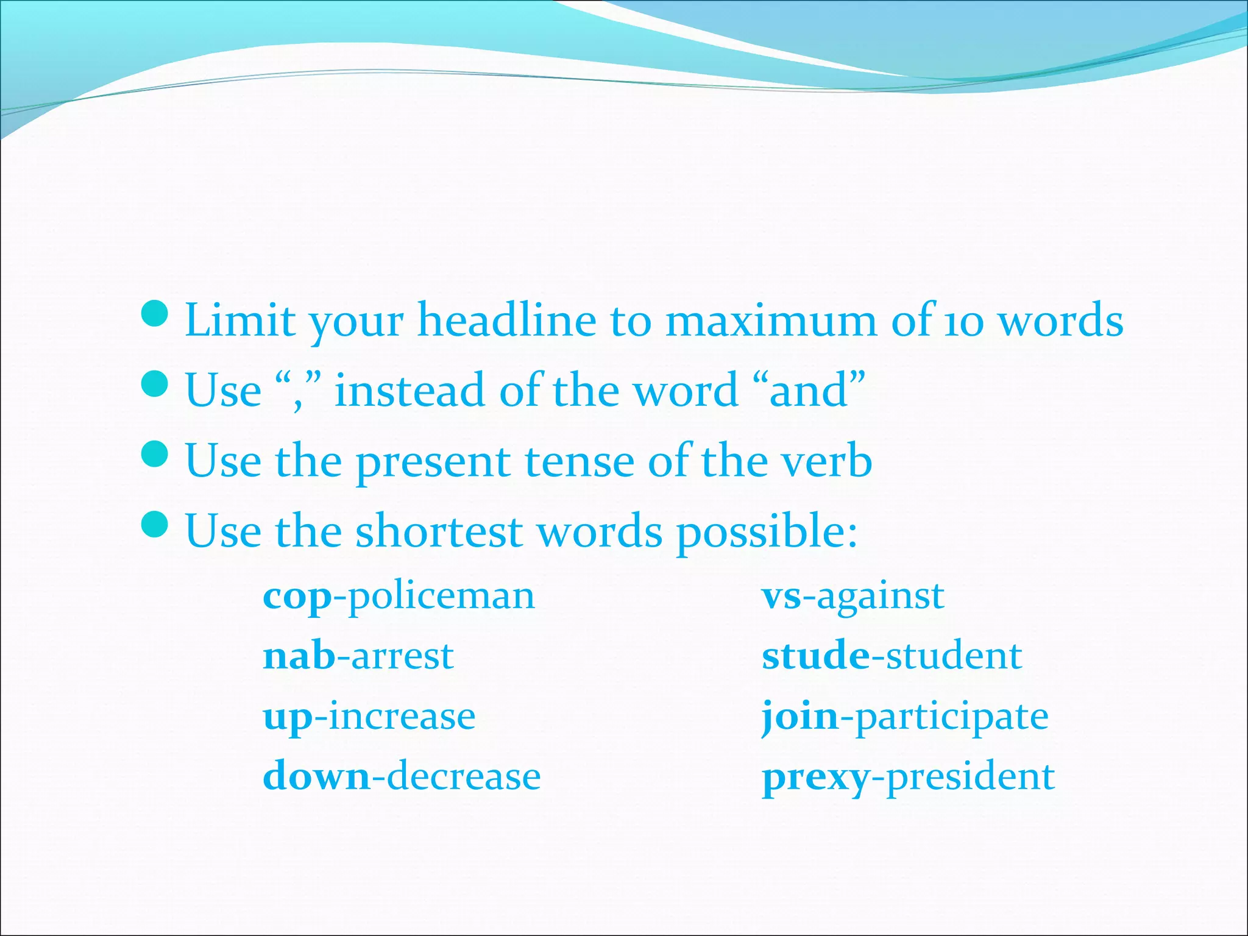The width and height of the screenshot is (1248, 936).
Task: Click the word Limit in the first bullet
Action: [239, 320]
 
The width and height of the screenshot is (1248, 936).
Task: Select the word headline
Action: [506, 320]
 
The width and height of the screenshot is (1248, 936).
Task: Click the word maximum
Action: [771, 321]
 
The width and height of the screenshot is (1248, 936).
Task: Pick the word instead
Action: [409, 390]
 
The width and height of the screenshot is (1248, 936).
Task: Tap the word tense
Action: [579, 461]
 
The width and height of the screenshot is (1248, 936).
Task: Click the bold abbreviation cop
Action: [297, 597]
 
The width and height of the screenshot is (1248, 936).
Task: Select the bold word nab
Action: [299, 656]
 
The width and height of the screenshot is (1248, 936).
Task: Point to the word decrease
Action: [464, 777]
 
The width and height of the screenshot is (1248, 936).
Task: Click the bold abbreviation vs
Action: [782, 597]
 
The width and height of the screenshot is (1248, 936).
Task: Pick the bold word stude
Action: [816, 656]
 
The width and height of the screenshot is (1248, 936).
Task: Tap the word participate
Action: [952, 717]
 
